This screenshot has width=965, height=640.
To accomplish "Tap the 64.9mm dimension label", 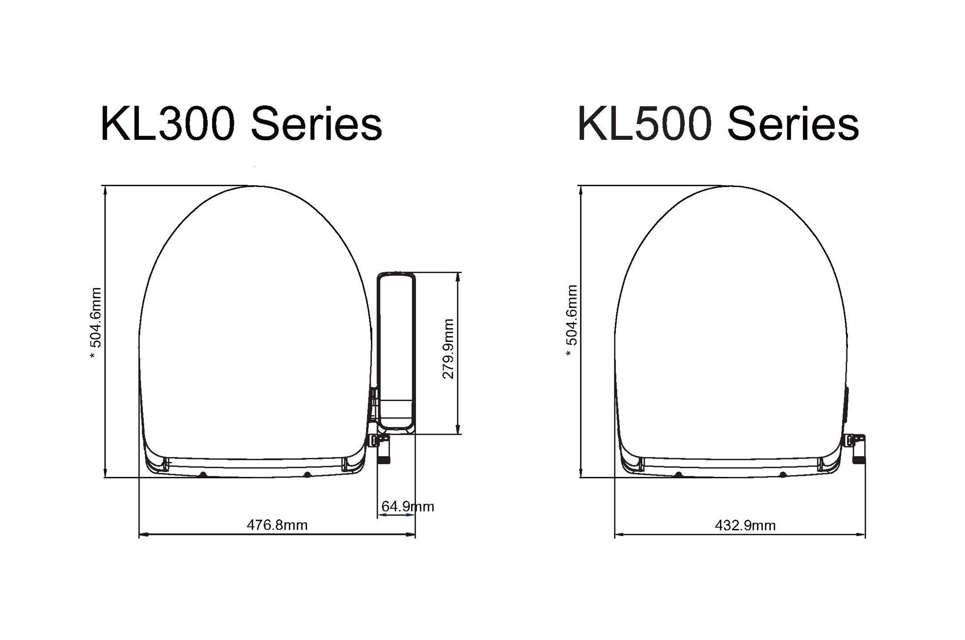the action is pyautogui.click(x=408, y=507).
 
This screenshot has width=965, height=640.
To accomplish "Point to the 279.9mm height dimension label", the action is pyautogui.click(x=448, y=349).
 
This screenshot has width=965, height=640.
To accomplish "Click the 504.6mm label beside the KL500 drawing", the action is pyautogui.click(x=572, y=315).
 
